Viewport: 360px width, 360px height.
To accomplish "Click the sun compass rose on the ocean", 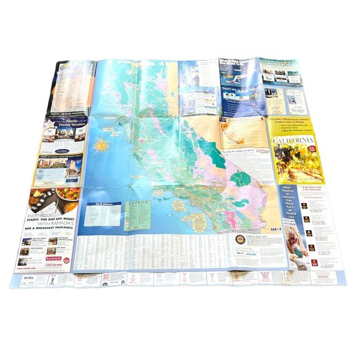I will point(101,146).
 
